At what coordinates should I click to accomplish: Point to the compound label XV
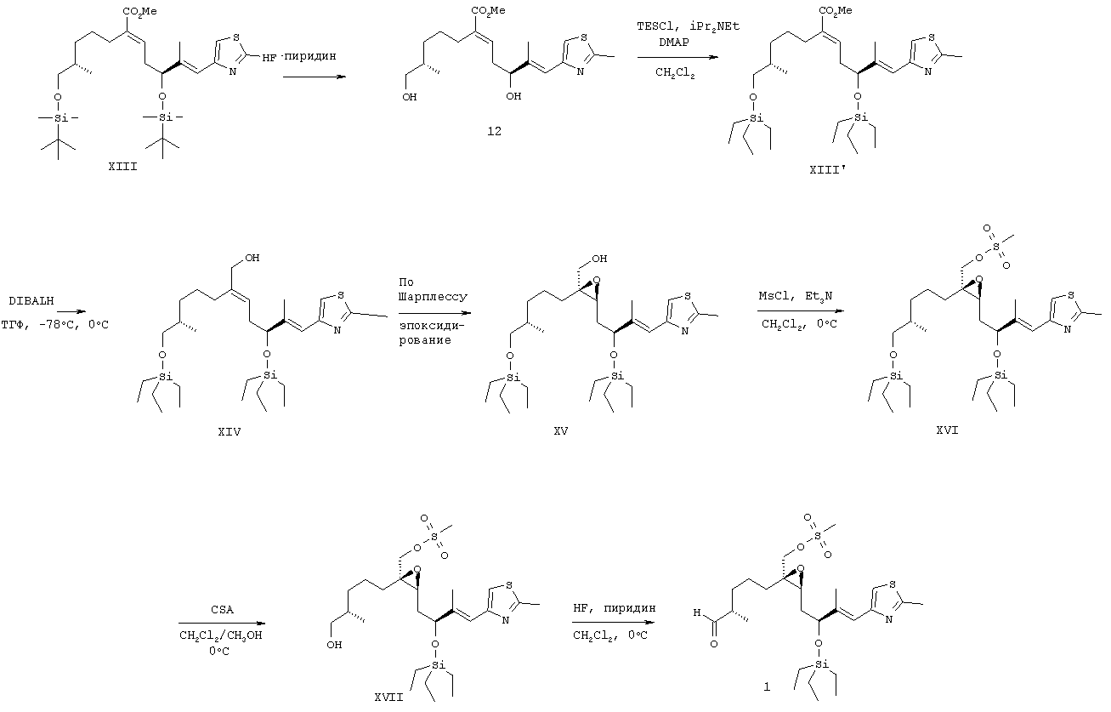[x=559, y=431]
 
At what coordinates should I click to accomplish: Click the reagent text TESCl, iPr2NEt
[x=688, y=26]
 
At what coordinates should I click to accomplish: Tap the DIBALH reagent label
[x=31, y=301]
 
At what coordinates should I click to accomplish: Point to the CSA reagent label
[x=223, y=610]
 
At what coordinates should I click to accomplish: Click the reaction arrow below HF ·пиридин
[x=314, y=76]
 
